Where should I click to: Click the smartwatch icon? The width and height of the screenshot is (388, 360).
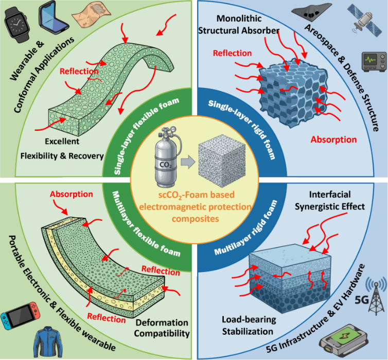(x=17, y=24)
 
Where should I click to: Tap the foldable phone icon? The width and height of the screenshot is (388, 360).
(x=53, y=15)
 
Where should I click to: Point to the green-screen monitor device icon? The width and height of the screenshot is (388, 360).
(x=374, y=62)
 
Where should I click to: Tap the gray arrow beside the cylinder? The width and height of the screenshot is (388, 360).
(x=188, y=162)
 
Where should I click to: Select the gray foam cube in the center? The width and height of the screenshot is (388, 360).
(x=222, y=161)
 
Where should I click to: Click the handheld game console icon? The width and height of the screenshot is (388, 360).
(x=20, y=316)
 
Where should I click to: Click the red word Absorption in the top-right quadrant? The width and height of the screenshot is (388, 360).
(x=333, y=140)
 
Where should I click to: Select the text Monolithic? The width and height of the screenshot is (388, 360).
(x=235, y=19)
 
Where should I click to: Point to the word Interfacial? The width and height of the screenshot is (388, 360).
(x=330, y=194)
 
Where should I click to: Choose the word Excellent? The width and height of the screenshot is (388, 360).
(x=62, y=142)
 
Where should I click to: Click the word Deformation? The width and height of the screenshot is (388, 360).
(x=162, y=322)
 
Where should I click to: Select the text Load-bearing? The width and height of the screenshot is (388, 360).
(x=249, y=320)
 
